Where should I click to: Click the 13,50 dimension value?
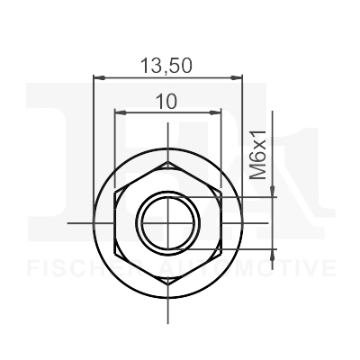click(x=167, y=65)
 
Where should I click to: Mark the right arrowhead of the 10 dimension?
click(x=218, y=112)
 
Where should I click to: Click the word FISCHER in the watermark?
click(x=76, y=268)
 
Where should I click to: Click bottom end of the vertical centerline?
click(x=167, y=319)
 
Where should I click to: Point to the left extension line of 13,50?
click(x=94, y=135)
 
